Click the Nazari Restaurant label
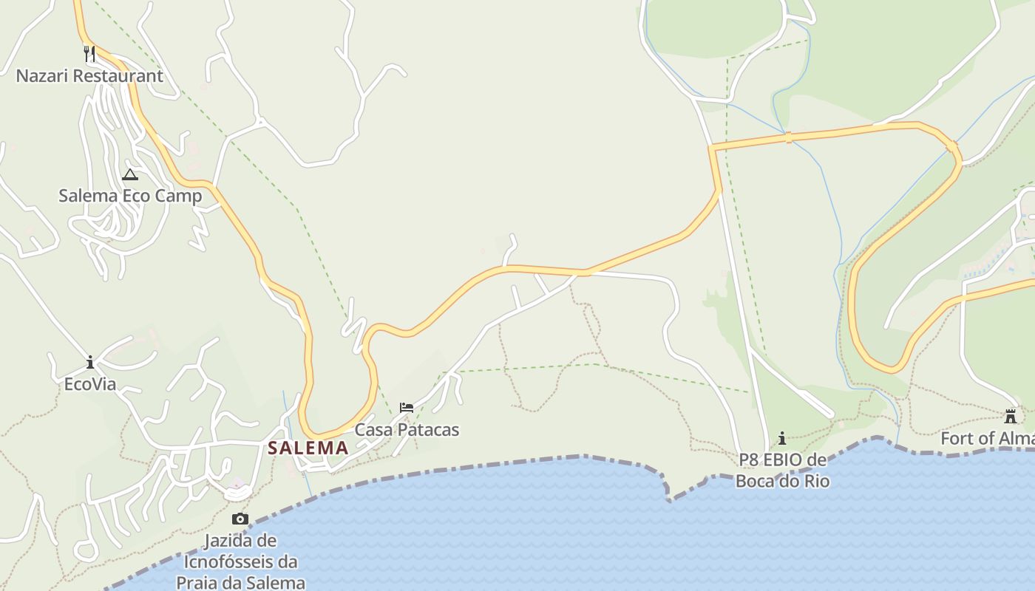(89, 76)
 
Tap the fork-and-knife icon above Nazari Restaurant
(89, 53)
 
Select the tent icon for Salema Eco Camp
(130, 174)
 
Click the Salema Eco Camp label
(130, 196)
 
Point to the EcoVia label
(90, 384)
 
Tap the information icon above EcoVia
(90, 362)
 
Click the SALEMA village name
(308, 448)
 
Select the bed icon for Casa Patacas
(406, 408)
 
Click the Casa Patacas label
(407, 430)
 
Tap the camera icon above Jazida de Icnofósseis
(240, 519)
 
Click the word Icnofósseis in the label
(240, 562)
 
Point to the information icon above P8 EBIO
(782, 438)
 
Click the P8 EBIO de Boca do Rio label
(782, 471)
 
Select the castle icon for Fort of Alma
(1011, 416)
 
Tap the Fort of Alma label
(987, 439)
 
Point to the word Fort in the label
(957, 439)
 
